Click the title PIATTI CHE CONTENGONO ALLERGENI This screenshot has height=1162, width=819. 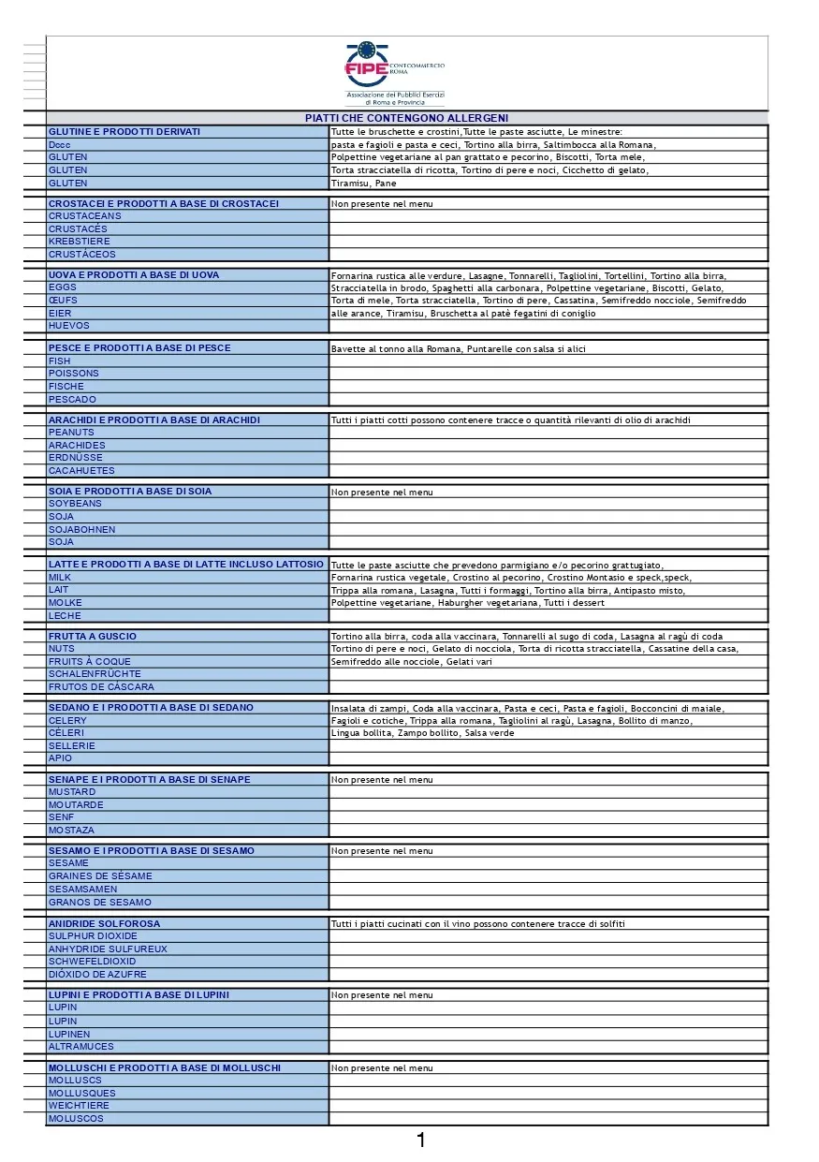pos(406,118)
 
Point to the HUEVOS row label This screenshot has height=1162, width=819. pos(69,326)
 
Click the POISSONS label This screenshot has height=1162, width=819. pos(74,374)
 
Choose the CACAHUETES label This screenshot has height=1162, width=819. pos(81,471)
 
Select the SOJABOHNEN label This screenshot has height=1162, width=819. pos(82,530)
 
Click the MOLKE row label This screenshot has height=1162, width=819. pos(66,603)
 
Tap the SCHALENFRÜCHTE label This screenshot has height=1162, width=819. pos(95,674)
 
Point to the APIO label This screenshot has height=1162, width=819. pos(60,758)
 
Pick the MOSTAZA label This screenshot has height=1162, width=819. pos(71,831)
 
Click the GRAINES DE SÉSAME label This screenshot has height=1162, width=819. pos(100,876)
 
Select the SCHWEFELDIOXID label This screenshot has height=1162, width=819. pos(92,962)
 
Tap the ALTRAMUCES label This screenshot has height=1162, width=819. pos(81,1047)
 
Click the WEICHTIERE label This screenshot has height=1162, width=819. pos(79,1106)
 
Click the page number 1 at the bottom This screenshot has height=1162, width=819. pos(421,1140)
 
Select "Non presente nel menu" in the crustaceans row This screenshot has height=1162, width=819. pos(382,204)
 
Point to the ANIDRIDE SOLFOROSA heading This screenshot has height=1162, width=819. pos(104,923)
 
